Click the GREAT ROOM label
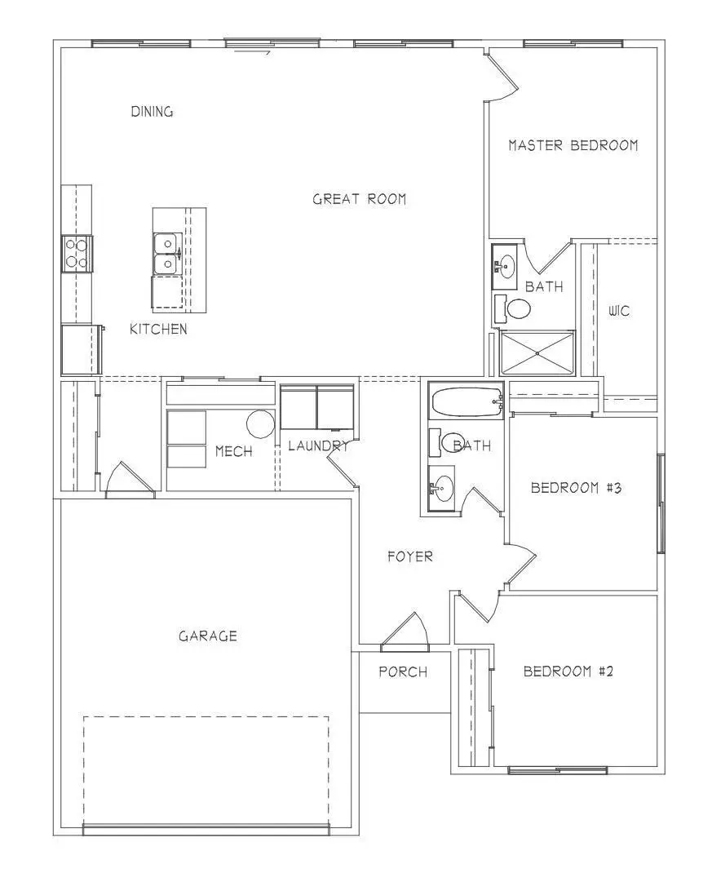pyautogui.click(x=359, y=198)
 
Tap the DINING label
pyautogui.click(x=152, y=112)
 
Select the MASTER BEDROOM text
pyautogui.click(x=573, y=145)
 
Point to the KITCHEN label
pyautogui.click(x=158, y=329)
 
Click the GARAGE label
pyautogui.click(x=208, y=636)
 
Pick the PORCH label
pyautogui.click(x=403, y=672)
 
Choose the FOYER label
pyautogui.click(x=409, y=556)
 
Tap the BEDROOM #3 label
pyautogui.click(x=577, y=488)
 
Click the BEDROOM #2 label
pyautogui.click(x=568, y=672)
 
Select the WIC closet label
pyautogui.click(x=619, y=311)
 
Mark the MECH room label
pyautogui.click(x=233, y=451)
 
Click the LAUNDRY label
pyautogui.click(x=318, y=445)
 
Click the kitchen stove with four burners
pyautogui.click(x=77, y=253)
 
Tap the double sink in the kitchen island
pyautogui.click(x=167, y=254)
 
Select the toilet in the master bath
pyautogui.click(x=514, y=308)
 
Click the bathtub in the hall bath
pyautogui.click(x=465, y=402)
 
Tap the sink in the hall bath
pyautogui.click(x=441, y=489)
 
